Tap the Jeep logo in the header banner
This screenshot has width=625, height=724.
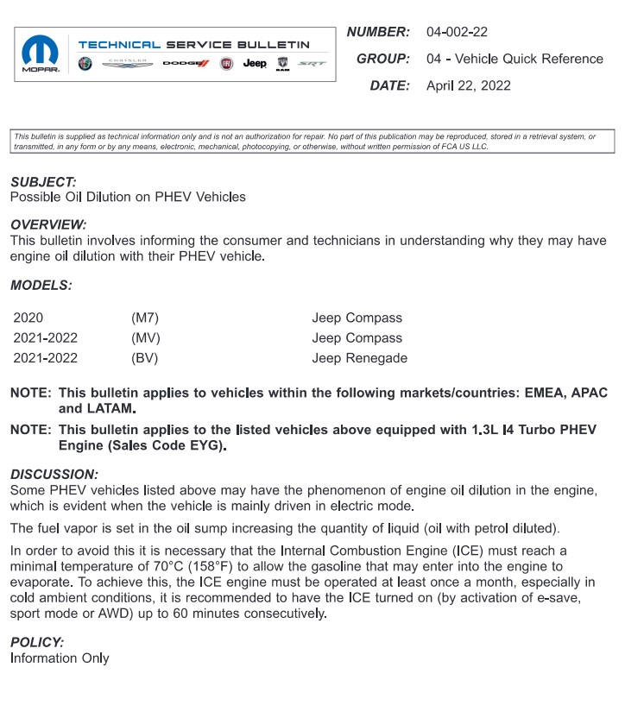pyautogui.click(x=255, y=64)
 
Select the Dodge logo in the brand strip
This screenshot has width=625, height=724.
pyautogui.click(x=186, y=64)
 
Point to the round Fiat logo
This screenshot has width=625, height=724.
pyautogui.click(x=226, y=64)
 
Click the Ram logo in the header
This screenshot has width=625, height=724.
pyautogui.click(x=282, y=64)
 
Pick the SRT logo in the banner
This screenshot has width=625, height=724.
pyautogui.click(x=312, y=64)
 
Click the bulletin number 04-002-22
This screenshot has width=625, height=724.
pyautogui.click(x=457, y=32)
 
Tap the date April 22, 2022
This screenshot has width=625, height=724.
pyautogui.click(x=468, y=85)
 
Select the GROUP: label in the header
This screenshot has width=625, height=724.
pyautogui.click(x=382, y=59)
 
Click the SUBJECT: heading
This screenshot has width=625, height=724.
pyautogui.click(x=43, y=182)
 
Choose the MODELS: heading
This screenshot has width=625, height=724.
pyautogui.click(x=41, y=284)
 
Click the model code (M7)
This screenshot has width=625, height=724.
pyautogui.click(x=145, y=318)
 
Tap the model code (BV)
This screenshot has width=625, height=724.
pyautogui.click(x=145, y=358)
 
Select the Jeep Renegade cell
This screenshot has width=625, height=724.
pyautogui.click(x=359, y=358)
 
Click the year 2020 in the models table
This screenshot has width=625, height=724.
pyautogui.click(x=28, y=318)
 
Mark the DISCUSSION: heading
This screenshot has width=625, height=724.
pyautogui.click(x=54, y=475)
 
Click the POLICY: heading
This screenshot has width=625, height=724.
pyautogui.click(x=37, y=643)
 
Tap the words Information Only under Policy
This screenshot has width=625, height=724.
pyautogui.click(x=60, y=658)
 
